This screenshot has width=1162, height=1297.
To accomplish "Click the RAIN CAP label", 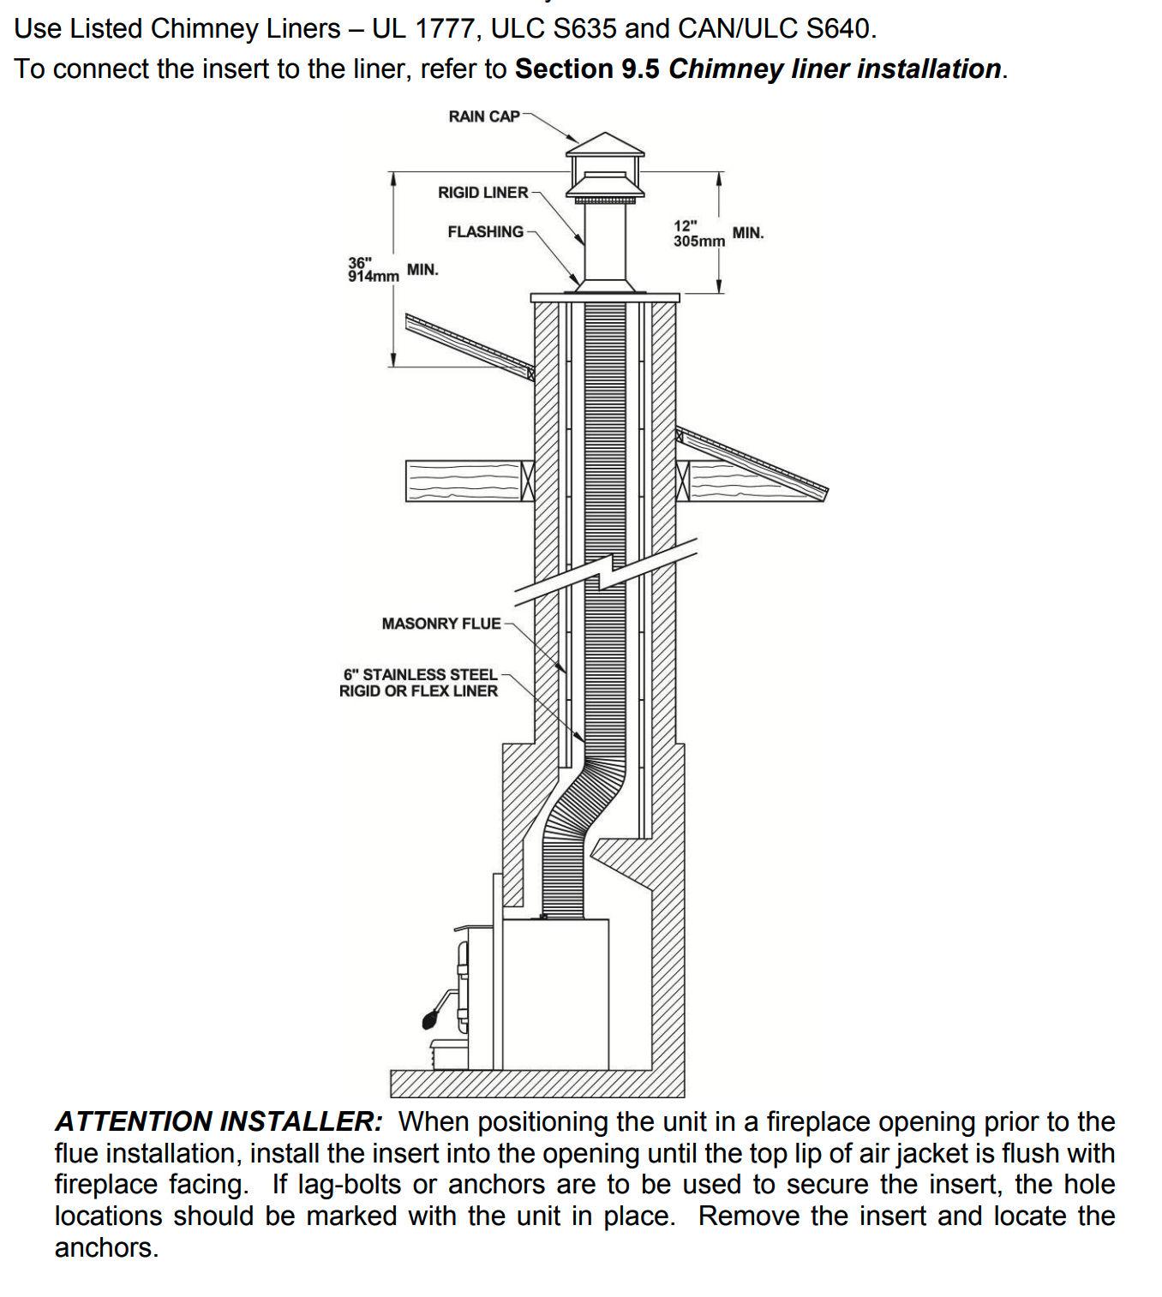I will click(x=483, y=117).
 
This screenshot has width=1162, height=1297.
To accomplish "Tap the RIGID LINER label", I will click(x=482, y=193).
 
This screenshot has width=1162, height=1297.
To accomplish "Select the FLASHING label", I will click(x=485, y=232).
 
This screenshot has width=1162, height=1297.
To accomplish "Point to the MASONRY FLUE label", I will click(x=440, y=624).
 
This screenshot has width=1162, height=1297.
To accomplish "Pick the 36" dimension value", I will click(x=360, y=262).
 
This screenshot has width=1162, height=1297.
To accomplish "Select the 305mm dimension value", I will click(x=698, y=242).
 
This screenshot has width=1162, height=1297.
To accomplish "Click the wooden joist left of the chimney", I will click(x=464, y=481).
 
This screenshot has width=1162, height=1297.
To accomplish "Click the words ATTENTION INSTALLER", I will click(x=219, y=1121).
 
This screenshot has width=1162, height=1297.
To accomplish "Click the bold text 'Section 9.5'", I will click(x=587, y=69).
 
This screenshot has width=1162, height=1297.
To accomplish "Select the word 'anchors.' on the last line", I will click(x=106, y=1247).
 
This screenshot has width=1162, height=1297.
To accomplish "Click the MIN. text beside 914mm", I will click(x=422, y=270).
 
